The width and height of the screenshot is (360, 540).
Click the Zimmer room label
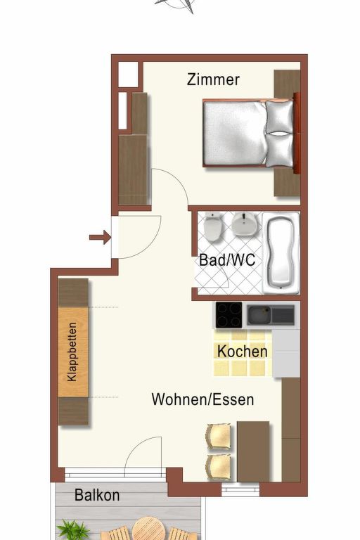[x=213, y=79]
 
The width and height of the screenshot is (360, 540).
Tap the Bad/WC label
[x=227, y=260]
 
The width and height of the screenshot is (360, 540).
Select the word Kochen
[x=243, y=352]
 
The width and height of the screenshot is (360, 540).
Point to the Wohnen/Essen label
[x=202, y=399]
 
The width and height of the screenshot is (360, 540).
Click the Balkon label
[x=97, y=495]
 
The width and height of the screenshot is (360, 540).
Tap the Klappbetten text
[x=72, y=352]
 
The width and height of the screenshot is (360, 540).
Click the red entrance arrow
[x=100, y=237]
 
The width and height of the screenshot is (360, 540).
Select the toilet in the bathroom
[x=212, y=227]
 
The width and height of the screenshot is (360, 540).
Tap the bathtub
[x=281, y=253]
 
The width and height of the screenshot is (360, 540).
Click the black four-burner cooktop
[x=229, y=315]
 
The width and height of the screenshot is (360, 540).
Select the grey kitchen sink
[x=271, y=315]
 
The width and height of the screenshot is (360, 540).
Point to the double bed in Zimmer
[x=249, y=134]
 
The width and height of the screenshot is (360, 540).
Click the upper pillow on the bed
[x=279, y=117]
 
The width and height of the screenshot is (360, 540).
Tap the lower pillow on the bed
[x=279, y=150]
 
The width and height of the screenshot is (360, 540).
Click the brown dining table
[x=253, y=451]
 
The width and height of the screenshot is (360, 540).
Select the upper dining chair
[x=219, y=437]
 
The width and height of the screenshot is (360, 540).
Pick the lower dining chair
[x=219, y=467]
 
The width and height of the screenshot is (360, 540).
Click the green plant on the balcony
[x=73, y=530]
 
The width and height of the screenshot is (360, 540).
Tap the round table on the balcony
[x=148, y=529]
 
